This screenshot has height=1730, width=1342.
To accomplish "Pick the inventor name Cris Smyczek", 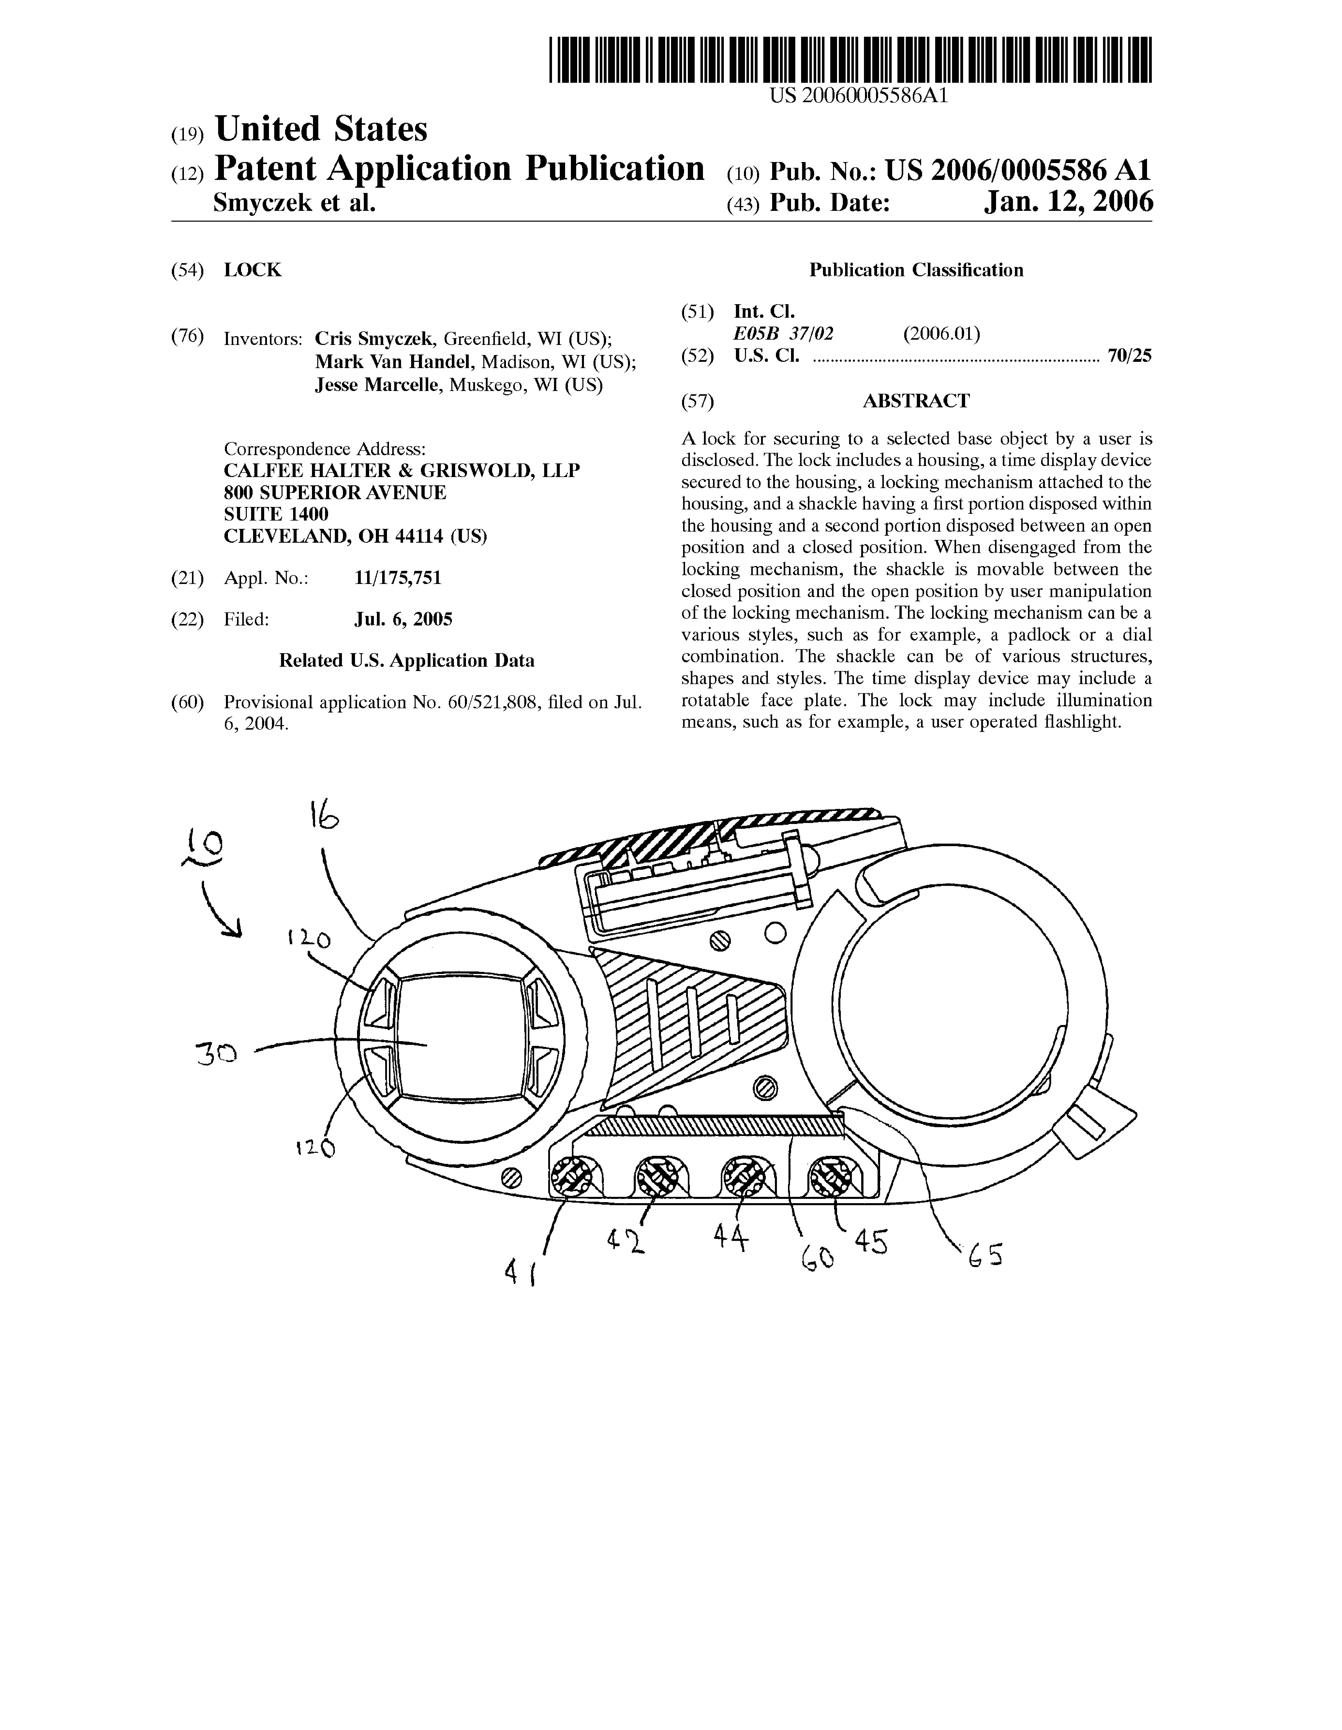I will coord(374,339).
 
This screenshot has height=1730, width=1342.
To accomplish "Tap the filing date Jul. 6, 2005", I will coord(403,619).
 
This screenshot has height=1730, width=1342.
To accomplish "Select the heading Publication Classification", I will coord(916,270).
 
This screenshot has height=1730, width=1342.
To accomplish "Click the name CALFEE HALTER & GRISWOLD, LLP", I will coord(402,470).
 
